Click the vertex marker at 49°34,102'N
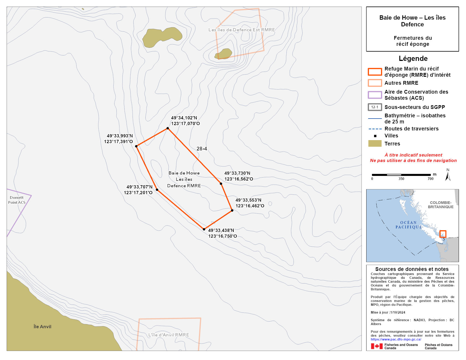click(x=168, y=128)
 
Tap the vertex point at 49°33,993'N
click(x=136, y=146)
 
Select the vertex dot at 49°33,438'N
click(x=204, y=229)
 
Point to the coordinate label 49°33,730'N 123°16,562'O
click(x=239, y=176)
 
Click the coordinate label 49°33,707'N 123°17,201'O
click(x=138, y=190)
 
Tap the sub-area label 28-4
click(x=202, y=149)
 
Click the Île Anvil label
click(x=42, y=327)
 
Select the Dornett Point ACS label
click(x=17, y=200)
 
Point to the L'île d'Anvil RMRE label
click(x=169, y=335)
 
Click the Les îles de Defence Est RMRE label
click(x=242, y=30)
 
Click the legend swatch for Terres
click(x=375, y=144)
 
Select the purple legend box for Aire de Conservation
click(x=375, y=95)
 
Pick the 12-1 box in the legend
click(x=375, y=107)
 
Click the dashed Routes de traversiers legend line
click(x=375, y=129)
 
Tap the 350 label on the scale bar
click(x=401, y=179)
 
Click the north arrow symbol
click(x=448, y=175)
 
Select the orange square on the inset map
click(x=443, y=234)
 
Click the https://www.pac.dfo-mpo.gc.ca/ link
click(x=396, y=340)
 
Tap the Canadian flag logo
click(x=377, y=346)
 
